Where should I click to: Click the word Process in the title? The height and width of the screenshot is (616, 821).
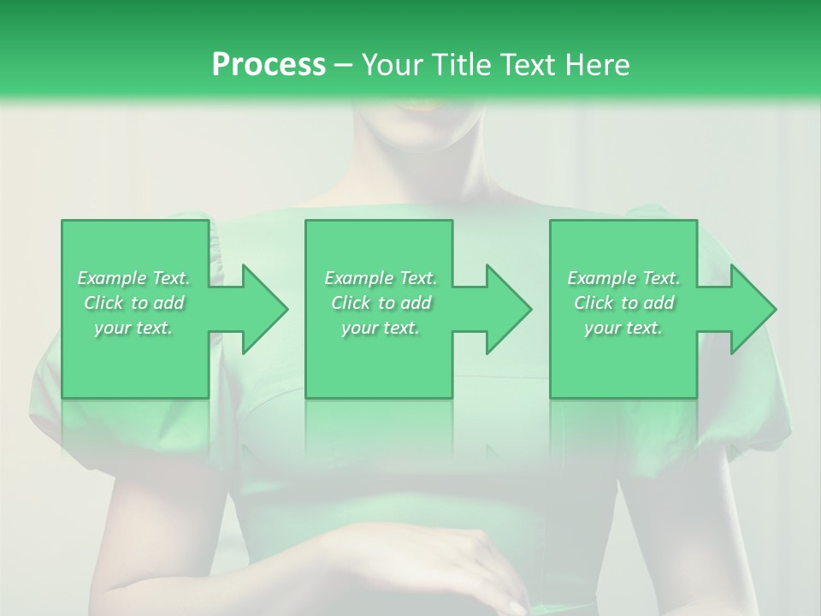tap(269, 65)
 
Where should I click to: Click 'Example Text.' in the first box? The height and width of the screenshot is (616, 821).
tap(133, 278)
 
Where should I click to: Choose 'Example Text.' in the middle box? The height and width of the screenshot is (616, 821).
tap(381, 278)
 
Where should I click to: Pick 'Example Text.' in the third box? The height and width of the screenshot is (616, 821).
tap(623, 278)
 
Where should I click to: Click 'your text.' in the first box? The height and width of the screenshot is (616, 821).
tap(133, 328)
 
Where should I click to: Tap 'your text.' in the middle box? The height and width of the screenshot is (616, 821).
tap(381, 328)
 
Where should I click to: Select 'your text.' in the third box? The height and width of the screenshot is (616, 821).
tap(623, 328)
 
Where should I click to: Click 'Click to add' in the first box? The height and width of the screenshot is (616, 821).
tap(133, 303)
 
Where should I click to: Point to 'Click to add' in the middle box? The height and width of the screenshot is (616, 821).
tap(381, 303)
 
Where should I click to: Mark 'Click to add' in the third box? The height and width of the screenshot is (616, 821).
tap(623, 303)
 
